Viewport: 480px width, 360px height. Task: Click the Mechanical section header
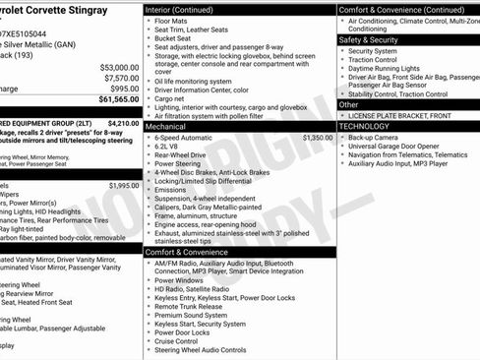(x=165, y=127)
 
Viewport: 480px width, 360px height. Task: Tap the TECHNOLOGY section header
(x=370, y=127)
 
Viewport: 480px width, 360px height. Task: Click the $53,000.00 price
(x=119, y=67)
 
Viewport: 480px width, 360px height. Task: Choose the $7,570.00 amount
(x=121, y=78)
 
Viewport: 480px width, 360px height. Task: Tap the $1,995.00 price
(x=124, y=185)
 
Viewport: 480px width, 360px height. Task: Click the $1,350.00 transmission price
(x=317, y=139)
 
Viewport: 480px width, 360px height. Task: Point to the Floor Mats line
(x=171, y=21)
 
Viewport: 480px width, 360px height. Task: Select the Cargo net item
(x=170, y=99)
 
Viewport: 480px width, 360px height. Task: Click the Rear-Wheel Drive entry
(x=181, y=154)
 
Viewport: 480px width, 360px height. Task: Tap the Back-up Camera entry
(x=373, y=139)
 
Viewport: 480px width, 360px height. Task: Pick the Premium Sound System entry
(x=190, y=315)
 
